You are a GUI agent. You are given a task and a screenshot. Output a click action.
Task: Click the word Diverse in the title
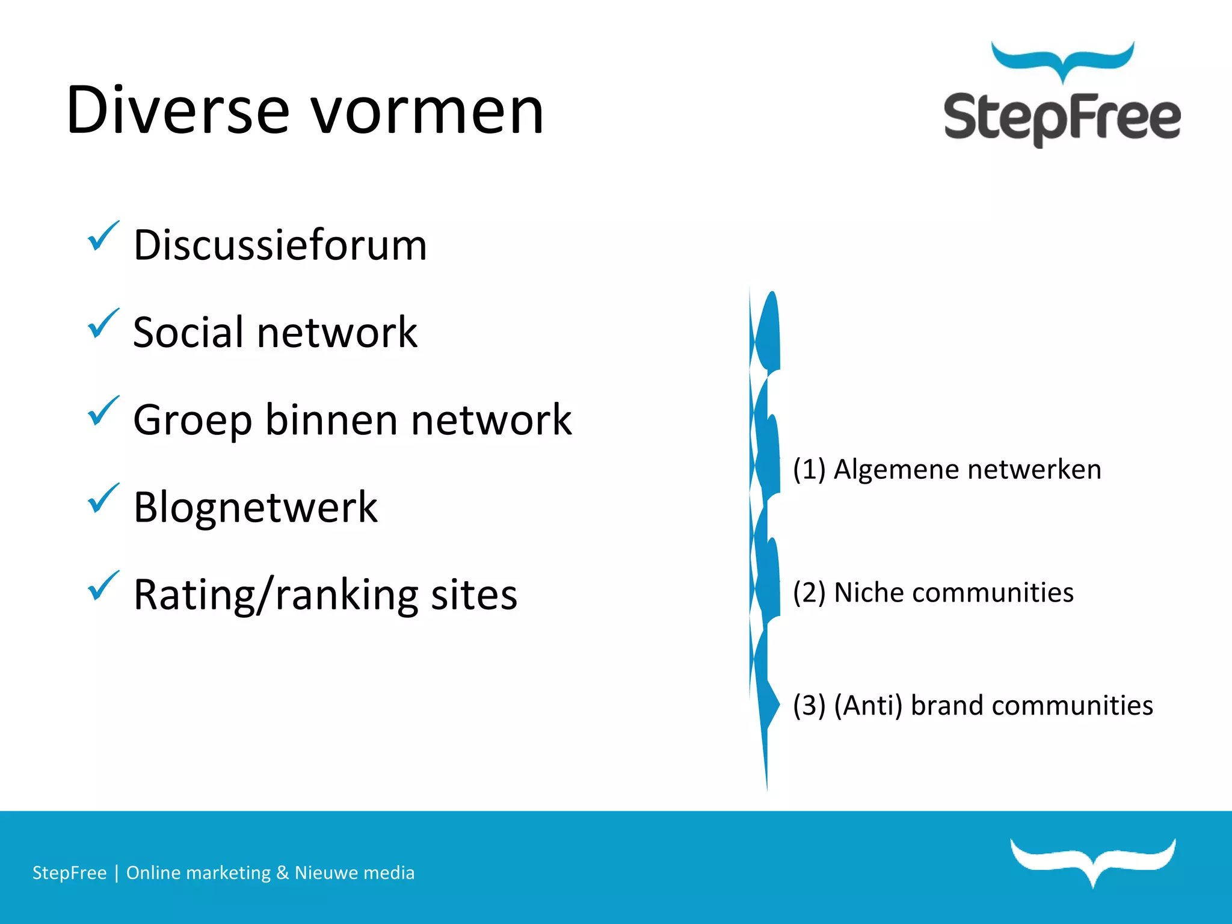click(178, 111)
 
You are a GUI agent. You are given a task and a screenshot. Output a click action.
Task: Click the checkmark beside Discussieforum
click(103, 236)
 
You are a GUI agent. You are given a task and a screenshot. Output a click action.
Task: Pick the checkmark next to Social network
click(103, 324)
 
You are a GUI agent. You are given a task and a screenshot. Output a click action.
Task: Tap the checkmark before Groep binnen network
click(103, 411)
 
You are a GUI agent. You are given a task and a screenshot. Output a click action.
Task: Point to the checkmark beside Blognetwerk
click(103, 498)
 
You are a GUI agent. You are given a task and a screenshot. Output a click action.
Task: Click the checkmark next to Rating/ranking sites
click(103, 585)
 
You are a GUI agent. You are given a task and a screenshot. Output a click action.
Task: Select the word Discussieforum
click(280, 245)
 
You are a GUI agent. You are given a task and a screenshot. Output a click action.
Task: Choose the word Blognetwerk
click(256, 508)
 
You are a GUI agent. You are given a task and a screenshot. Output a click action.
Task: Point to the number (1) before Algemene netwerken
click(809, 469)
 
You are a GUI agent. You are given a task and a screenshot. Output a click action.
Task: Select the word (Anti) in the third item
click(868, 706)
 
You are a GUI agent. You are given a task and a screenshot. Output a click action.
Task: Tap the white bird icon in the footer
click(1093, 860)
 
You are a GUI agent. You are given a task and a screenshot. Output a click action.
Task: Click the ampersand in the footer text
click(282, 873)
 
